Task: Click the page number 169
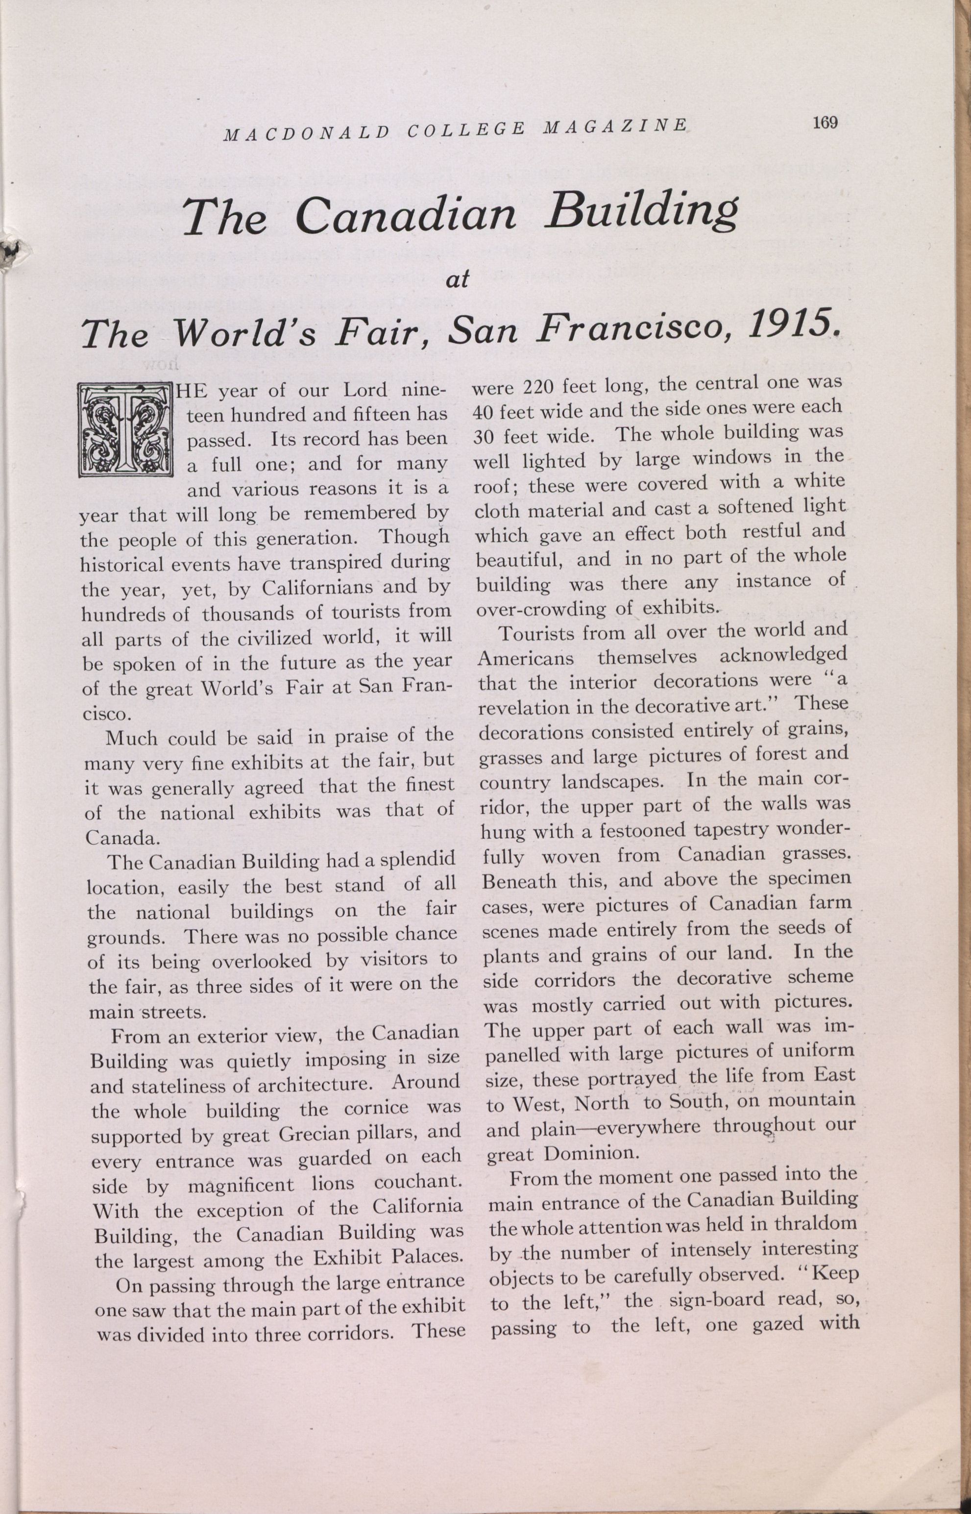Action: click(x=825, y=123)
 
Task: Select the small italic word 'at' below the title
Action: click(x=458, y=279)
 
